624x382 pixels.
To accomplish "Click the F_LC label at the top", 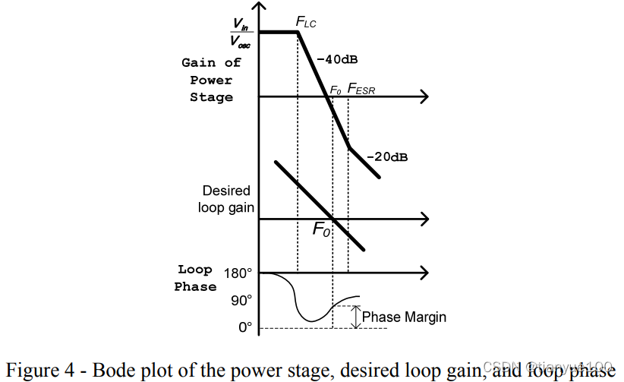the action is pyautogui.click(x=306, y=23).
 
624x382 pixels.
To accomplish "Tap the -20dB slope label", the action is pyautogui.click(x=387, y=157).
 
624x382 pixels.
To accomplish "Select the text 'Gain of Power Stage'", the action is pyautogui.click(x=211, y=80).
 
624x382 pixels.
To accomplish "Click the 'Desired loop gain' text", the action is pyautogui.click(x=225, y=199).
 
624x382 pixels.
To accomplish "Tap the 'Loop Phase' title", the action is pyautogui.click(x=195, y=278).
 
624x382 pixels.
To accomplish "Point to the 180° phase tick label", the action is pyautogui.click(x=238, y=272).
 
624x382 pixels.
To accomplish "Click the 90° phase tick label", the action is pyautogui.click(x=241, y=300).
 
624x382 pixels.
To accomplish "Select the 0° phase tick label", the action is pyautogui.click(x=244, y=328).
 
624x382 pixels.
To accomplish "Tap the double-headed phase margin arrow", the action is pyautogui.click(x=355, y=317).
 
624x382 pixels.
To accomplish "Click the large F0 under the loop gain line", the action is pyautogui.click(x=322, y=229).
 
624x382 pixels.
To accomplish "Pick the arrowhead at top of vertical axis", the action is pyautogui.click(x=260, y=8).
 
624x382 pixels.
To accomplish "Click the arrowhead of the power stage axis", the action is pyautogui.click(x=423, y=96).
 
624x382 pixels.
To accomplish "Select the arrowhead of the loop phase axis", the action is pyautogui.click(x=423, y=272).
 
